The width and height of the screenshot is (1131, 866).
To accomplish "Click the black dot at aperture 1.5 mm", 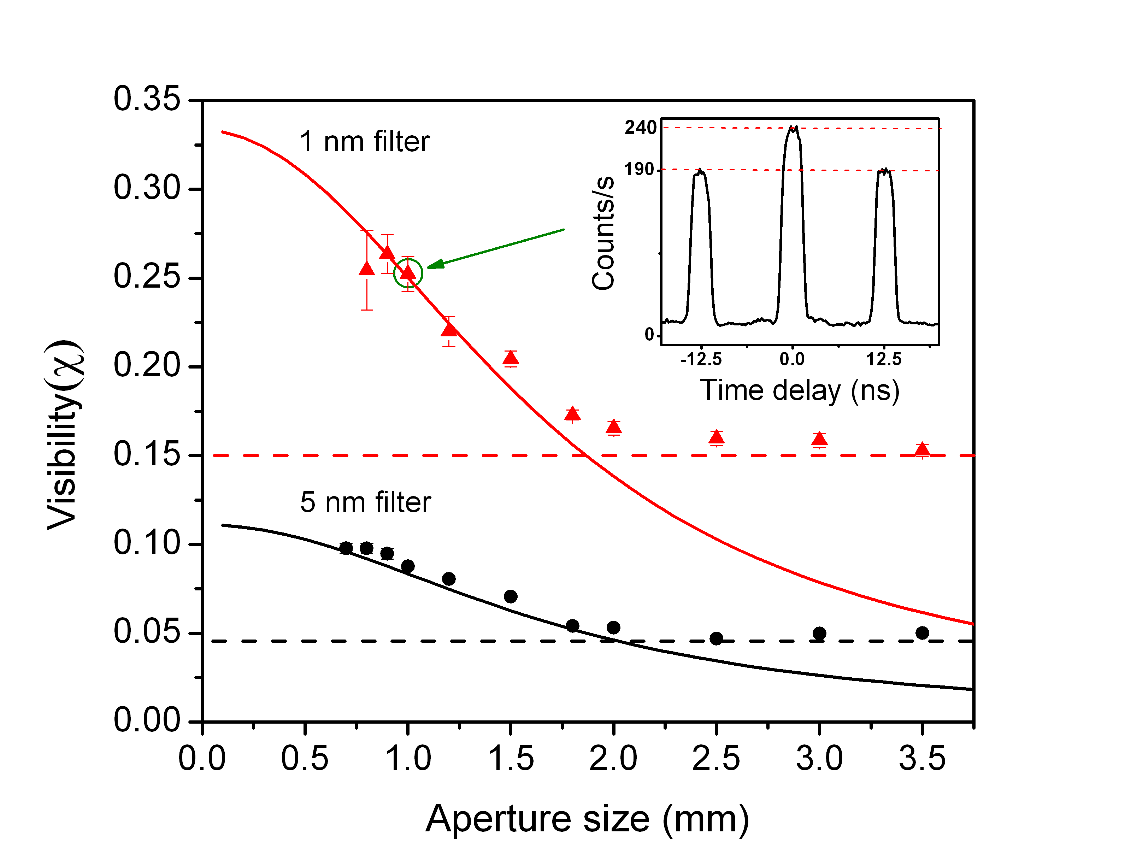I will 510,596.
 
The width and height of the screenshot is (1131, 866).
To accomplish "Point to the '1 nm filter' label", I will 364,141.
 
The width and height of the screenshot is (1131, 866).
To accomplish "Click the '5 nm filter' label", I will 365,502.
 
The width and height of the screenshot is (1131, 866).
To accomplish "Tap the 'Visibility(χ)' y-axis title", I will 64,436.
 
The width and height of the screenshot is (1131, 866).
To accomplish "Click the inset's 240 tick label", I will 640,127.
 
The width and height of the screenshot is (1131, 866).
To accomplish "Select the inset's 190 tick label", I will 639,169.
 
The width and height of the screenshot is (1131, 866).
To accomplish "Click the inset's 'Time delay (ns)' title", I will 799,390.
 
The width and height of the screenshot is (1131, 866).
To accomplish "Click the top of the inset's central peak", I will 793,128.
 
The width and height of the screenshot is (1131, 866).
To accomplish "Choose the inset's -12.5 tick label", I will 701,359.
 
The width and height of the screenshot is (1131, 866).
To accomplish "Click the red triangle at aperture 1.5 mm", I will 510,358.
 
